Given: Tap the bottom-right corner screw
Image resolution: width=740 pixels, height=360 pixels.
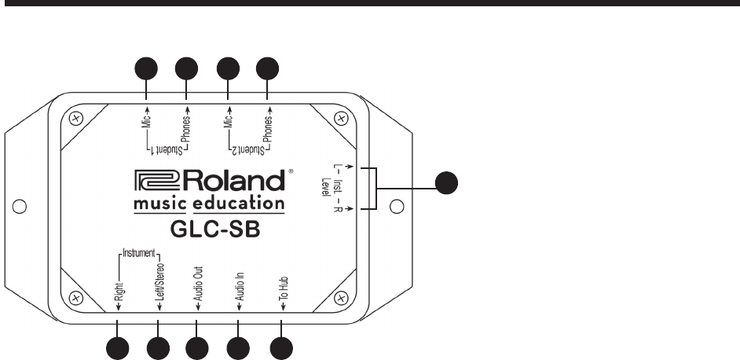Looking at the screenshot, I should coord(340,297).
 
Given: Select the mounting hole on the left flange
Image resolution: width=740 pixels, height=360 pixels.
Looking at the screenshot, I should coord(24,208).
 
